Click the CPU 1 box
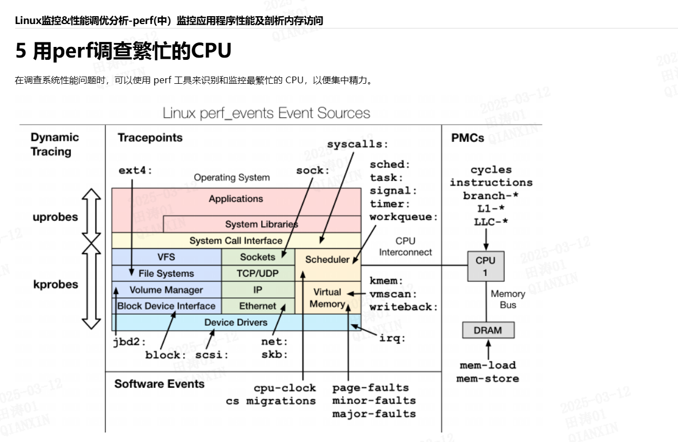click(x=486, y=266)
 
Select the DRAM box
click(x=488, y=330)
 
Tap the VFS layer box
click(x=166, y=257)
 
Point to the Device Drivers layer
click(x=236, y=322)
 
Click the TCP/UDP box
click(x=258, y=273)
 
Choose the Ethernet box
click(x=258, y=306)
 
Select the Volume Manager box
click(x=166, y=290)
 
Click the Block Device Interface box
click(x=166, y=306)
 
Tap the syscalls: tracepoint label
click(x=358, y=144)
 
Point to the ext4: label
click(x=135, y=170)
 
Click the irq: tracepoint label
click(x=392, y=338)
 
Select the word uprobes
click(x=55, y=217)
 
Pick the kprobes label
click(x=56, y=284)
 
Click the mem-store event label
click(x=488, y=379)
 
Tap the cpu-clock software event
click(x=285, y=388)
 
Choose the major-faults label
click(x=374, y=414)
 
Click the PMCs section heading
click(x=468, y=138)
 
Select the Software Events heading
click(x=160, y=384)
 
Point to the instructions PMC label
click(x=491, y=183)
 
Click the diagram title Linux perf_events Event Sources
click(x=266, y=113)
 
